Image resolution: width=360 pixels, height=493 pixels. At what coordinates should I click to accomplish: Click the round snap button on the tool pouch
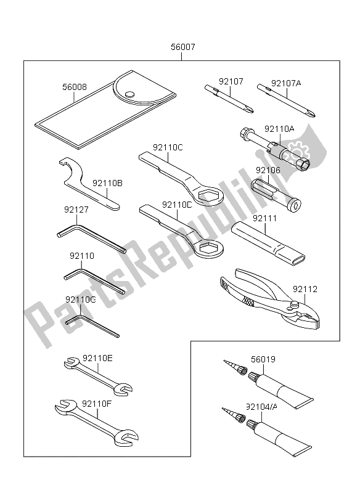tap(129, 94)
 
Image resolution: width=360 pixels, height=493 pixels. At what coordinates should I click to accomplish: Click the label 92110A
tap(279, 129)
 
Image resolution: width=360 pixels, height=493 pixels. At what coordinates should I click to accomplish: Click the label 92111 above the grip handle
tap(266, 219)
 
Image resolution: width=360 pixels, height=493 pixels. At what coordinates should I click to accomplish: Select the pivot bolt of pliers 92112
tap(297, 302)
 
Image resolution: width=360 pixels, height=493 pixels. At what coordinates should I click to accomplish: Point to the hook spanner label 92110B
tap(107, 183)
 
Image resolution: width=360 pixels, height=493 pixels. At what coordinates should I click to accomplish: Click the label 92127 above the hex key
tap(76, 210)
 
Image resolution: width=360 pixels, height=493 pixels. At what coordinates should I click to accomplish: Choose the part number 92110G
tap(80, 299)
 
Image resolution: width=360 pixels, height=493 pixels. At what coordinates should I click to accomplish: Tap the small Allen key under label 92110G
tap(92, 325)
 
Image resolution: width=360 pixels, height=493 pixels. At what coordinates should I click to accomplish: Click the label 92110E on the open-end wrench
tap(97, 357)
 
